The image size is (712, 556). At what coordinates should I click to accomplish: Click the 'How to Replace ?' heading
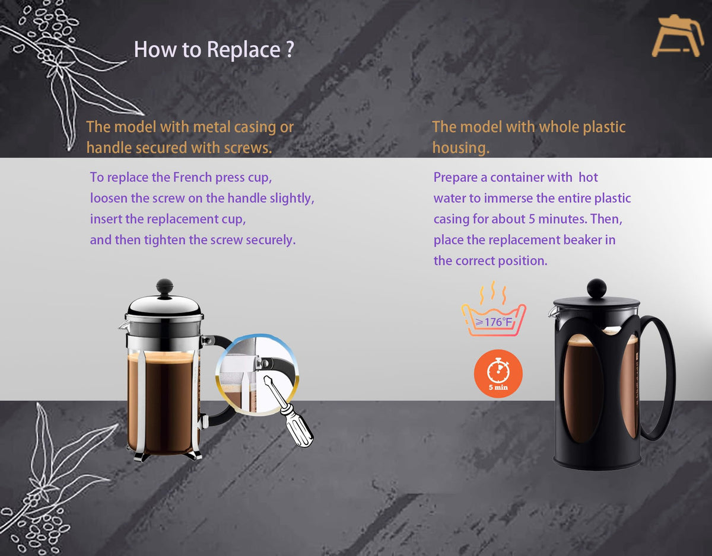pyautogui.click(x=214, y=50)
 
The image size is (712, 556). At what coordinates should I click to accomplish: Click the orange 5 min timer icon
pyautogui.click(x=498, y=373)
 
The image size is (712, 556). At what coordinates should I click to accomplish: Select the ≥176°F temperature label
pyautogui.click(x=494, y=322)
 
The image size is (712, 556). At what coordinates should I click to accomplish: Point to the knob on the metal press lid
pyautogui.click(x=164, y=287)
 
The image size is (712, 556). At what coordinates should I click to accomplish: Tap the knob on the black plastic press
pyautogui.click(x=596, y=288)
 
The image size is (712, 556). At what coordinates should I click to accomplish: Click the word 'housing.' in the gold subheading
pyautogui.click(x=461, y=148)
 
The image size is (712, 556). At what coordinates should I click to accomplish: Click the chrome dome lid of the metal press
pyautogui.click(x=164, y=305)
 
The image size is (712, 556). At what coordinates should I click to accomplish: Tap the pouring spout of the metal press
pyautogui.click(x=123, y=325)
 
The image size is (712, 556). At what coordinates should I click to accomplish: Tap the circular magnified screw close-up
pyautogui.click(x=258, y=374)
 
